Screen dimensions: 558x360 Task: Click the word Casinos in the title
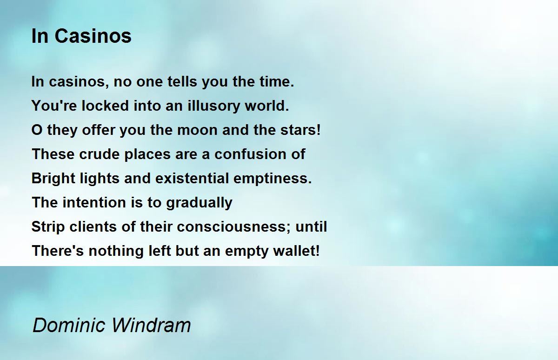tap(93, 36)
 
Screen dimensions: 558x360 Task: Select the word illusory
tap(214, 106)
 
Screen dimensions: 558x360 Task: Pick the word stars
tap(300, 130)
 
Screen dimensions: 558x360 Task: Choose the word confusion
tap(250, 154)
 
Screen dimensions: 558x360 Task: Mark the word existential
tap(192, 179)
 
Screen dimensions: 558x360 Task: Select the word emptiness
tap(272, 179)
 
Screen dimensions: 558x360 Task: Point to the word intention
tap(94, 202)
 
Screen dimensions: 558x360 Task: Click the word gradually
tap(199, 202)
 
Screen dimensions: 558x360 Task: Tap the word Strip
tap(48, 227)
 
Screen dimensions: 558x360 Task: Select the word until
tap(311, 227)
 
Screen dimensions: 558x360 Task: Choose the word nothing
tap(116, 251)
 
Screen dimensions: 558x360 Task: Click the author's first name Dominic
tap(69, 325)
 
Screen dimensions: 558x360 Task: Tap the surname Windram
tap(151, 325)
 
